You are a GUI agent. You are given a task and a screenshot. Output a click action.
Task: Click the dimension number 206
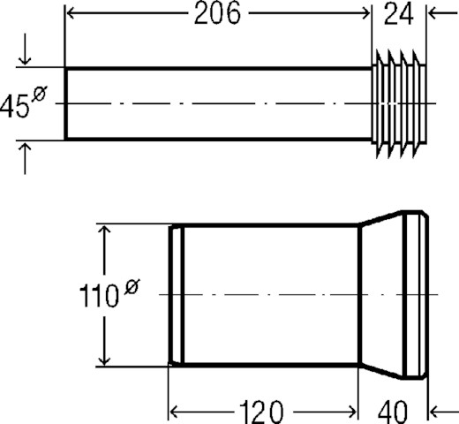pyautogui.click(x=217, y=13)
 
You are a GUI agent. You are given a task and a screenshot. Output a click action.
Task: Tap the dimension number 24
pyautogui.click(x=399, y=13)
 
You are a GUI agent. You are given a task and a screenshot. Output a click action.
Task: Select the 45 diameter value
pyautogui.click(x=15, y=107)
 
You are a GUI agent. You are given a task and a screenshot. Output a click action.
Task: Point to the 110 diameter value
pyautogui.click(x=99, y=296)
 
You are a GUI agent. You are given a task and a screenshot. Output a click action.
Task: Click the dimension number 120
pyautogui.click(x=261, y=412)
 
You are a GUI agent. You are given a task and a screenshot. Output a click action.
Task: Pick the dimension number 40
pyautogui.click(x=393, y=412)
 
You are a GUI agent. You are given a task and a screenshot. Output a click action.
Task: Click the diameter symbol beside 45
pyautogui.click(x=39, y=94)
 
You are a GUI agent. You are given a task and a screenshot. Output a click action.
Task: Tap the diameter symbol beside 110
pyautogui.click(x=132, y=287)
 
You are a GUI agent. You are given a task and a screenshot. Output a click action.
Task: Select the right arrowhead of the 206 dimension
pyautogui.click(x=365, y=13)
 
